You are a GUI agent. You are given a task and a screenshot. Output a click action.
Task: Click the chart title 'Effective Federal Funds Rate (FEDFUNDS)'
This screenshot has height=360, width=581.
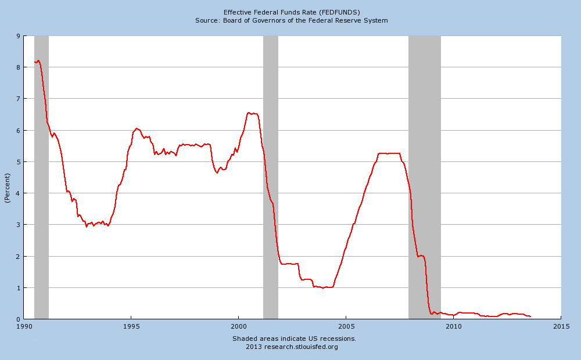tap(292, 12)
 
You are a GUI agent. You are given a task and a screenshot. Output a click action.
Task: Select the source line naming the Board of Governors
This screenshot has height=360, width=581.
tap(292, 20)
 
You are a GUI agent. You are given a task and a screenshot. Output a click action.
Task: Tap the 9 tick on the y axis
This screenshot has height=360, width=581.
tap(19, 36)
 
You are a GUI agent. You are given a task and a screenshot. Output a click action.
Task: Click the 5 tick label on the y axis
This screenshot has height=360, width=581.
tap(19, 161)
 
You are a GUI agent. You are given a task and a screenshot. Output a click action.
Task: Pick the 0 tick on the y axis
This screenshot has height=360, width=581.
tap(19, 319)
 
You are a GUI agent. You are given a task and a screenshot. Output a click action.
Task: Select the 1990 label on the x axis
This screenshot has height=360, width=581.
tap(24, 326)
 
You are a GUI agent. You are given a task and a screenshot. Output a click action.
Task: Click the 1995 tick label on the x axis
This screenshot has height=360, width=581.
tap(131, 326)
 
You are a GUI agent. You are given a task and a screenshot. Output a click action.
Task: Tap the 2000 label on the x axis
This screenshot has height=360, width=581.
tap(239, 326)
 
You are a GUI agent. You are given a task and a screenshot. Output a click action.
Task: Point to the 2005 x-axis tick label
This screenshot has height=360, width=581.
tap(346, 326)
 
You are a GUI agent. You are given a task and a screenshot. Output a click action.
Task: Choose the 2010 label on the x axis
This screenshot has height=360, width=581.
tap(453, 326)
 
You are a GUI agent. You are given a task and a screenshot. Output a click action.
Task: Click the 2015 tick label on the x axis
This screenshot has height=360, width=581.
tap(561, 326)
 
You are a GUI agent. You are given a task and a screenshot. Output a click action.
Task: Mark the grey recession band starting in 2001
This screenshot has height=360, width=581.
tap(271, 174)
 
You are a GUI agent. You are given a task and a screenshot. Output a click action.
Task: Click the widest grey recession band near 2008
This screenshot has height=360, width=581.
tap(425, 174)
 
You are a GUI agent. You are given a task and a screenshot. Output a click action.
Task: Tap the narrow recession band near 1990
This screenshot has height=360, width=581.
tap(41, 174)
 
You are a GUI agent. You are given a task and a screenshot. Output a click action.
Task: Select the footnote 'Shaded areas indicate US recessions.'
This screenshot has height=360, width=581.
tap(294, 339)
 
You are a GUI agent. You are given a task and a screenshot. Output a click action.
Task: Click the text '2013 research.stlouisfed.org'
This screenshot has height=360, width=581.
tap(292, 347)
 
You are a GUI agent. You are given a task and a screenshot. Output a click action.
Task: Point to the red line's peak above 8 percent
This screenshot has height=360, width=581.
tap(38, 60)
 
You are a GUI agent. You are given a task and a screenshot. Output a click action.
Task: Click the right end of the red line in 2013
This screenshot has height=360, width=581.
tap(530, 316)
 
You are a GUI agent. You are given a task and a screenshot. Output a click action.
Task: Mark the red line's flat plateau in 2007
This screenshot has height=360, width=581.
tap(389, 153)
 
